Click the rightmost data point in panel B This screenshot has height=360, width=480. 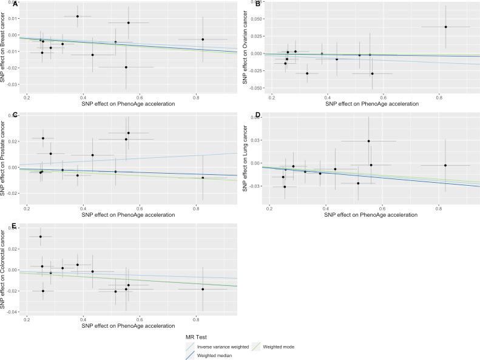(x=445, y=27)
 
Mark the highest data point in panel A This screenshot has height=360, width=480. (x=78, y=16)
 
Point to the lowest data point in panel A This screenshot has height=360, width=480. (x=126, y=67)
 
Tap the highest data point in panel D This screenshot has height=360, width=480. (x=368, y=141)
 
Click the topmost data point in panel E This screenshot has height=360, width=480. (x=41, y=237)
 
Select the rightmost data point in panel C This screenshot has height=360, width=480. (x=203, y=178)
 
